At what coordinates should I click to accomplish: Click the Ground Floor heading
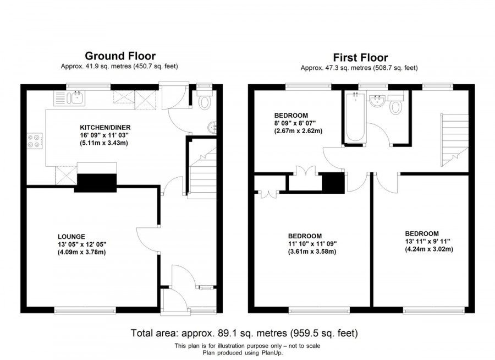pos(120,56)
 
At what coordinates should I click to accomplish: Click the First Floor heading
pos(360,57)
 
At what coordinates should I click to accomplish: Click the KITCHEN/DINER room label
pos(104,127)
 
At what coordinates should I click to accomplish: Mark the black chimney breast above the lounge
pos(96,183)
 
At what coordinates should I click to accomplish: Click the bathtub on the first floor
pos(353,117)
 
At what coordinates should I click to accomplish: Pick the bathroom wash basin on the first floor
pos(377,101)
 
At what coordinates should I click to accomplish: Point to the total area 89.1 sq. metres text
pos(244,333)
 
